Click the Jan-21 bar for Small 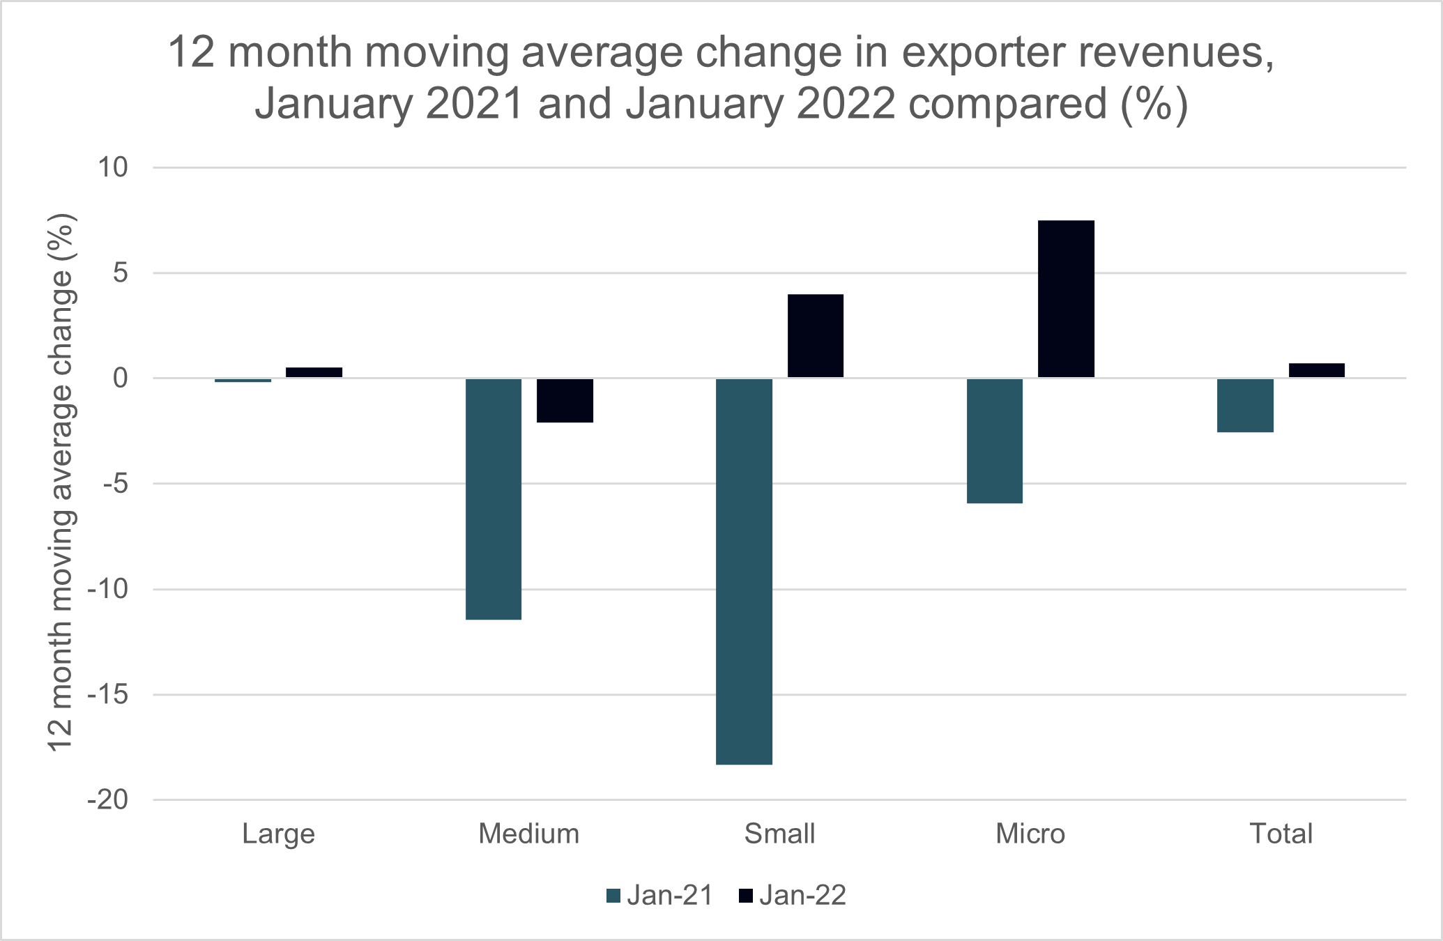744,572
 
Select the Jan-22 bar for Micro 1066,299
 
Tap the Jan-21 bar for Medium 494,499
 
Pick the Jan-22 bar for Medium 565,401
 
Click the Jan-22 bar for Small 815,336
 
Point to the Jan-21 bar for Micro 995,441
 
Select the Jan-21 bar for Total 1245,406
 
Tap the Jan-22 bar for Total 1316,370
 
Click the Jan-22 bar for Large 314,372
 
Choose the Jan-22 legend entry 793,896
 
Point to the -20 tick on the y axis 108,800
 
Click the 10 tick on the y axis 113,167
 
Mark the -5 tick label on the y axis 115,484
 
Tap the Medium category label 528,834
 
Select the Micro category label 1030,834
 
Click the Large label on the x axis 278,834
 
